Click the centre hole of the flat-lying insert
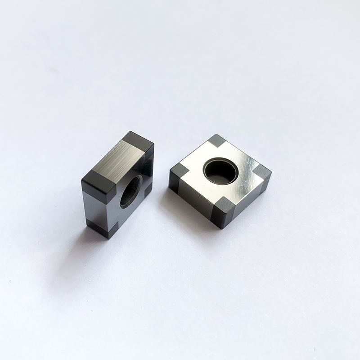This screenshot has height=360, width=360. tap(221, 171)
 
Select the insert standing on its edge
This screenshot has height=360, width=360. tap(118, 184)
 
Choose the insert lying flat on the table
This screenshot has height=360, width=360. tap(220, 180)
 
